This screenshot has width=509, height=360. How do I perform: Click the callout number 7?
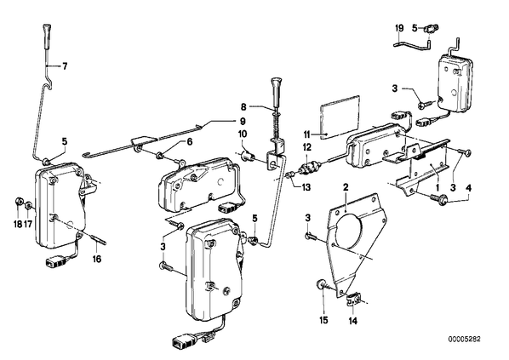pyautogui.click(x=65, y=66)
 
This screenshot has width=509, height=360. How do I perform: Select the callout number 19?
pyautogui.click(x=399, y=28)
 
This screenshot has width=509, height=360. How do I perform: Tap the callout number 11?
pyautogui.click(x=307, y=134)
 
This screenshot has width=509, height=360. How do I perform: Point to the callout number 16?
pyautogui.click(x=97, y=259)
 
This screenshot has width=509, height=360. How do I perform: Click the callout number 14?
pyautogui.click(x=353, y=321)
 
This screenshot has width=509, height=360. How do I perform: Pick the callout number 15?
pyautogui.click(x=323, y=320)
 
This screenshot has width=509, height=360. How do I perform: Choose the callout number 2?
pyautogui.click(x=346, y=187)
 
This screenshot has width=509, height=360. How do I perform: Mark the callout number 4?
pyautogui.click(x=468, y=188)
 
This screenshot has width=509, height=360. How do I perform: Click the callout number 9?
pyautogui.click(x=243, y=122)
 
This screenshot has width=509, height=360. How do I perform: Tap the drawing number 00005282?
pyautogui.click(x=464, y=340)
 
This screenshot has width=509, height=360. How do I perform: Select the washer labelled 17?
pyautogui.click(x=29, y=206)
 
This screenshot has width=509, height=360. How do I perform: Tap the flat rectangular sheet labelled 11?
pyautogui.click(x=340, y=117)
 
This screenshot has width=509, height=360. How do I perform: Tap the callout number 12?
pyautogui.click(x=306, y=148)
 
